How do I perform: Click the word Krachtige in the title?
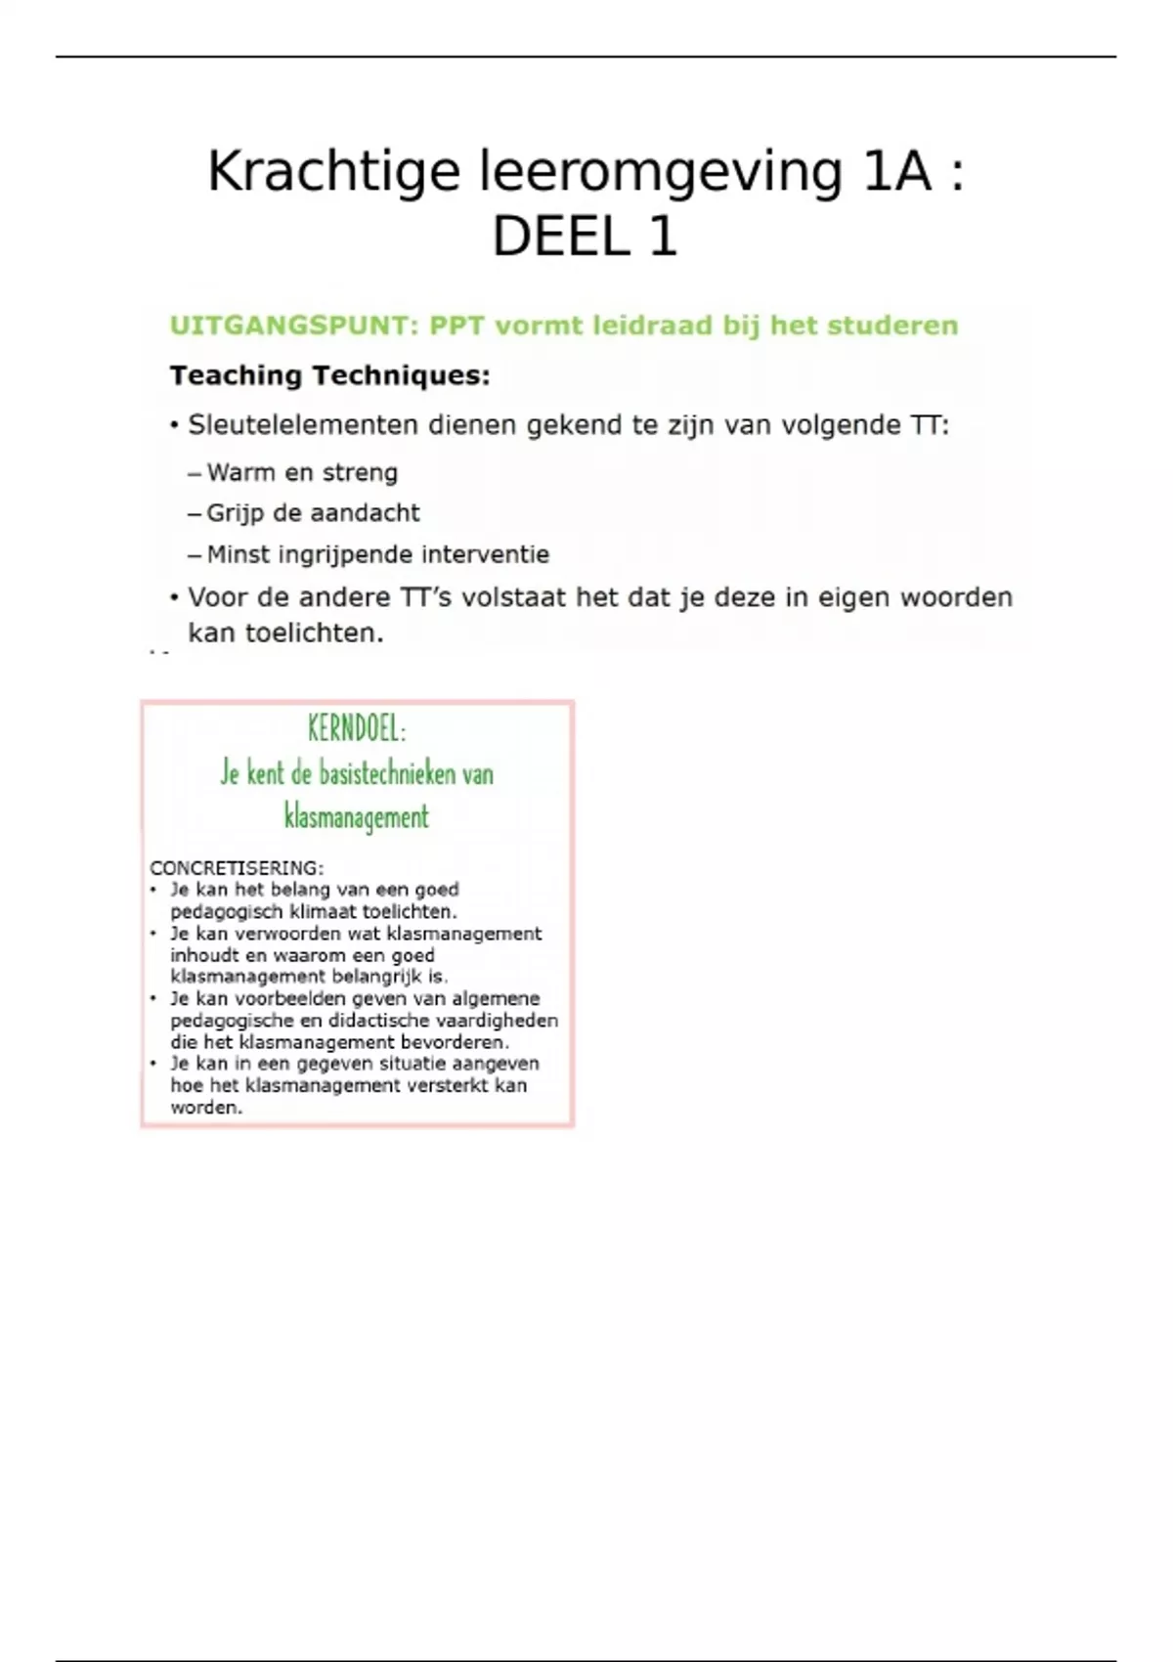[333, 172]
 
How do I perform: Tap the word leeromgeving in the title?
[660, 172]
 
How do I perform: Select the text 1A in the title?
[896, 172]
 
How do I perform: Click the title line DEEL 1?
[585, 237]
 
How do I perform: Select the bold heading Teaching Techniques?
[329, 375]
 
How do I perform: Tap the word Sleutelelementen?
[302, 425]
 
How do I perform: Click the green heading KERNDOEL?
[356, 728]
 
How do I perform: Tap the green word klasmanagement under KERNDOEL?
[356, 816]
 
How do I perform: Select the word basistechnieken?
[388, 773]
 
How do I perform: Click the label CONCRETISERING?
[236, 868]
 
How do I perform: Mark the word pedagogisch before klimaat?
[227, 912]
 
